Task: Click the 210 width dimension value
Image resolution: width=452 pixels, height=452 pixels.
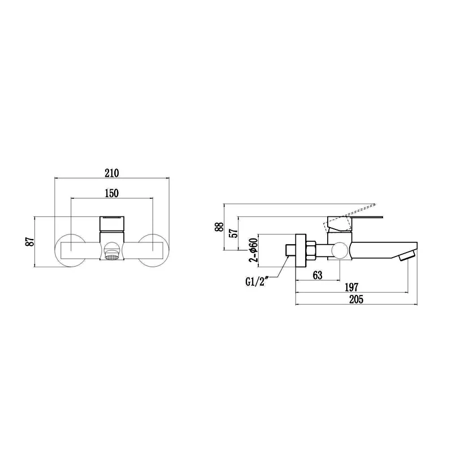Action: click(111, 173)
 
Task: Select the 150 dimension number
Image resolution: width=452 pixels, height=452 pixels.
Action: click(111, 193)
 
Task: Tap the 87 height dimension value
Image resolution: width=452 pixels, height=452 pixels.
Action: click(30, 242)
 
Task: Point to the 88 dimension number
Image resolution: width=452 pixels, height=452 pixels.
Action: click(219, 227)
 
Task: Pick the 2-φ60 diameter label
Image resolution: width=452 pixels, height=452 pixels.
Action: click(253, 250)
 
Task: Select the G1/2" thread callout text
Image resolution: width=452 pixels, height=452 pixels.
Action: click(257, 281)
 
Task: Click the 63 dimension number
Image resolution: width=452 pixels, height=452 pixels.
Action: click(318, 275)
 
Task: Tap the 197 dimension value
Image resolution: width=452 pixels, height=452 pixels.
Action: click(351, 287)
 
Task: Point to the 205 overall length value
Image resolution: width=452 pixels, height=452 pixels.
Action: click(357, 299)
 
